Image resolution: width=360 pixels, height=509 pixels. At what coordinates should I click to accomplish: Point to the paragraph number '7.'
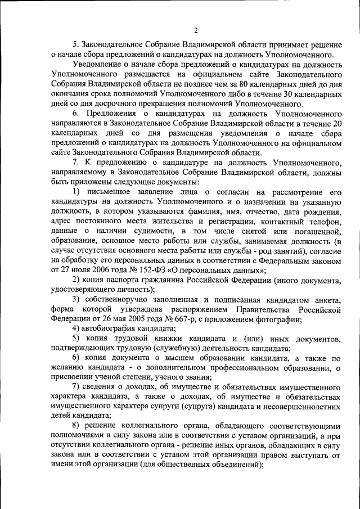(76, 163)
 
